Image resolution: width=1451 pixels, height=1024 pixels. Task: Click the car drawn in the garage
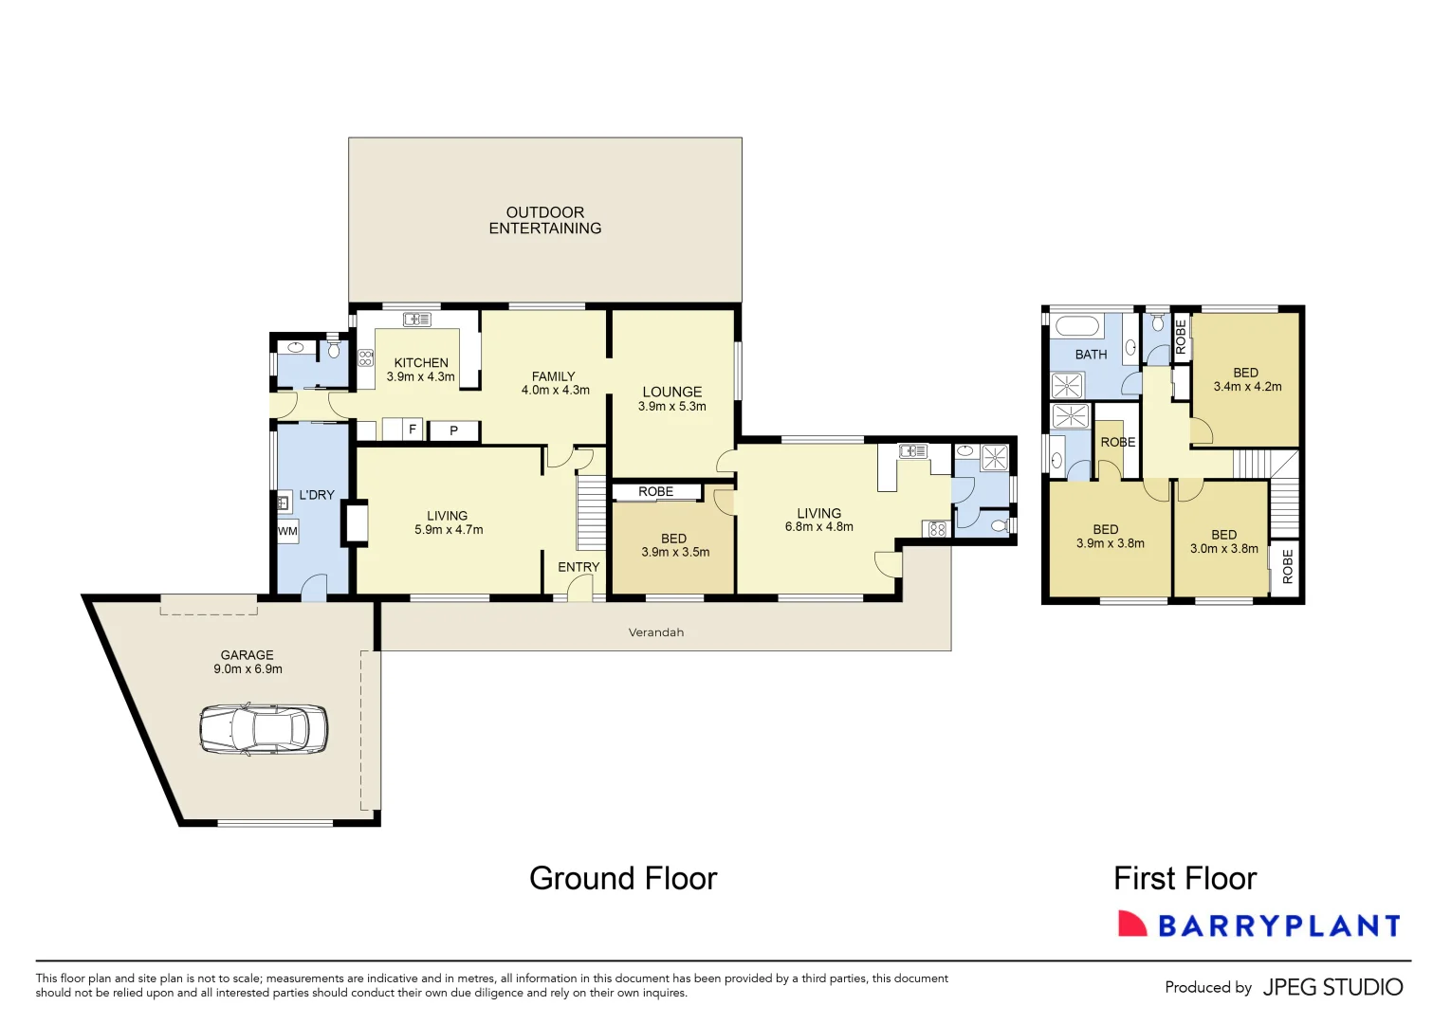tap(263, 729)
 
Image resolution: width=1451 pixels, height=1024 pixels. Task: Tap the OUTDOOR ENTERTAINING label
tap(544, 220)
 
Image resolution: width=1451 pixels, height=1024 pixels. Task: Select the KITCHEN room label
tap(421, 363)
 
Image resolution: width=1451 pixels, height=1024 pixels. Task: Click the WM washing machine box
tap(287, 531)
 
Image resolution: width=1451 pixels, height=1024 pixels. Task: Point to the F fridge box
tap(412, 430)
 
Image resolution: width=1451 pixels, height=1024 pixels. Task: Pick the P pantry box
tap(453, 431)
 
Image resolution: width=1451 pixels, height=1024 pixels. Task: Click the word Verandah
tap(655, 632)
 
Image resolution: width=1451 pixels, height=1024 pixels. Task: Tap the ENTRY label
tap(579, 567)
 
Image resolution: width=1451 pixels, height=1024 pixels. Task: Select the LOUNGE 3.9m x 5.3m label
tap(671, 398)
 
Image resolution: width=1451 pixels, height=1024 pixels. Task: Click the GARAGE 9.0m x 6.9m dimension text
tap(248, 668)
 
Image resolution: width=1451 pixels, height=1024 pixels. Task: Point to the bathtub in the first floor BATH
tap(1077, 327)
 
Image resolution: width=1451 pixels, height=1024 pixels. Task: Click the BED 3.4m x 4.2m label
tap(1246, 379)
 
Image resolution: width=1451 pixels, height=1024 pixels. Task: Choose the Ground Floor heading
tap(623, 878)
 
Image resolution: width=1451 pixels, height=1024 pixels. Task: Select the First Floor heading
tap(1185, 878)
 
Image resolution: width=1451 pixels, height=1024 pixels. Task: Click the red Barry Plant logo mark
tap(1131, 924)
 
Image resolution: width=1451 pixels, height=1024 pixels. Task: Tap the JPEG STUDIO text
tap(1332, 987)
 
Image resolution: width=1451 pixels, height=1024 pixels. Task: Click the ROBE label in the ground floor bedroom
tap(655, 491)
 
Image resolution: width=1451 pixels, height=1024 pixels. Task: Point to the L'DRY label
tap(317, 495)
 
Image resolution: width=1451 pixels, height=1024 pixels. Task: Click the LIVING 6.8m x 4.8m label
tap(818, 520)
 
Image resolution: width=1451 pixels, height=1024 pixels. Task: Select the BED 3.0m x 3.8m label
tap(1223, 541)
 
